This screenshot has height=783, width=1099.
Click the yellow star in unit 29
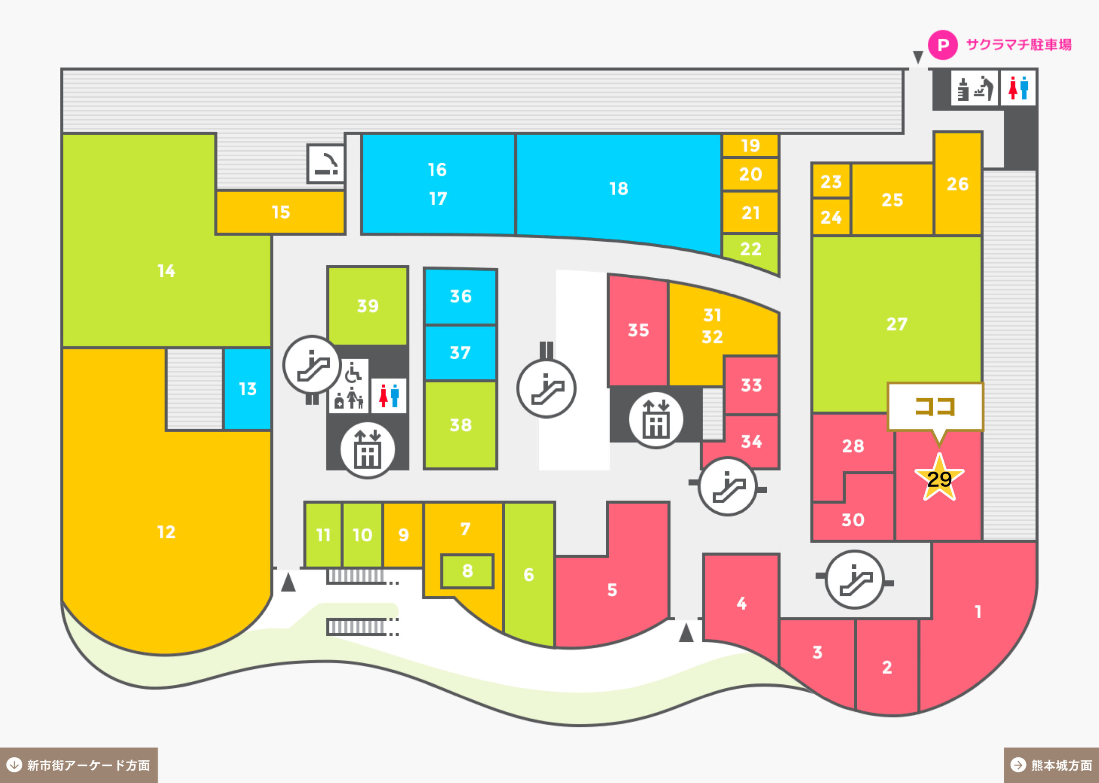[x=939, y=478]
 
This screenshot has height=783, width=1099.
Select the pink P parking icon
[x=943, y=45]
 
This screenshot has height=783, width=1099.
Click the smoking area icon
[x=326, y=164]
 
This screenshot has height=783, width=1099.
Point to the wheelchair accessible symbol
[x=353, y=372]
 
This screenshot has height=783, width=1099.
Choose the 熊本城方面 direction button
[x=1051, y=765]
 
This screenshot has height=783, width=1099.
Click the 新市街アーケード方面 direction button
[x=79, y=765]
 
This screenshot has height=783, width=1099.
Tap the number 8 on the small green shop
[x=467, y=571]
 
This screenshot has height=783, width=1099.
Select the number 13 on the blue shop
[x=248, y=388]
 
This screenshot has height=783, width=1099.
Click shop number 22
[x=750, y=249]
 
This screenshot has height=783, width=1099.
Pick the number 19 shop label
[x=750, y=145]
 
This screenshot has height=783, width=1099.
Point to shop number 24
[x=831, y=218]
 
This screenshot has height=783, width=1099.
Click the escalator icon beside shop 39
[x=313, y=365]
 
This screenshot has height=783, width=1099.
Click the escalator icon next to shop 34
[x=728, y=486]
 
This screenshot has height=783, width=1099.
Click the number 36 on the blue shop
[x=460, y=296]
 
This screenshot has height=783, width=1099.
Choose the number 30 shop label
[x=853, y=520]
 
